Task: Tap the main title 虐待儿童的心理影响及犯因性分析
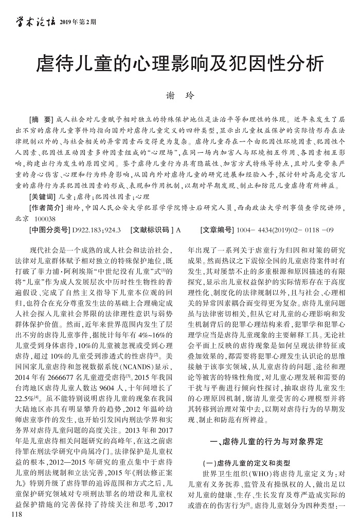click(180, 64)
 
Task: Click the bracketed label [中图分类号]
click(50, 230)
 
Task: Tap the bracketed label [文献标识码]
click(152, 230)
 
